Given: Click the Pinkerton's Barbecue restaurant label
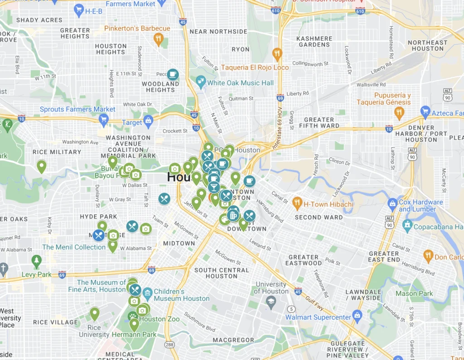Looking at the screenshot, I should pyautogui.click(x=137, y=29).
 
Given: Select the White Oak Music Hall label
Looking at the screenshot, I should pyautogui.click(x=240, y=83).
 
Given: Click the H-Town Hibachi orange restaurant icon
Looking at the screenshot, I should pyautogui.click(x=297, y=203).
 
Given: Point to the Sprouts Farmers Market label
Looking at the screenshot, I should pyautogui.click(x=77, y=109).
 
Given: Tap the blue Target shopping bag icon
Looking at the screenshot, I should pyautogui.click(x=148, y=121).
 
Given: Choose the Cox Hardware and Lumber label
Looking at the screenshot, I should pyautogui.click(x=420, y=206).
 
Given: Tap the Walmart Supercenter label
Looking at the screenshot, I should pyautogui.click(x=318, y=317).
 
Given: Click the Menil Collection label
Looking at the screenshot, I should pyautogui.click(x=74, y=247).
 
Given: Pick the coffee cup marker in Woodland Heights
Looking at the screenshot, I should pyautogui.click(x=173, y=74).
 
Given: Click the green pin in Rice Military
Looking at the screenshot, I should pyautogui.click(x=41, y=166).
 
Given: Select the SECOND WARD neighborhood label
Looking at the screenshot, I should pyautogui.click(x=319, y=217).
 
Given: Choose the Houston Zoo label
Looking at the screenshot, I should pyautogui.click(x=159, y=319).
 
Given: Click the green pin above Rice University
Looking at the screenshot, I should pyautogui.click(x=94, y=313).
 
